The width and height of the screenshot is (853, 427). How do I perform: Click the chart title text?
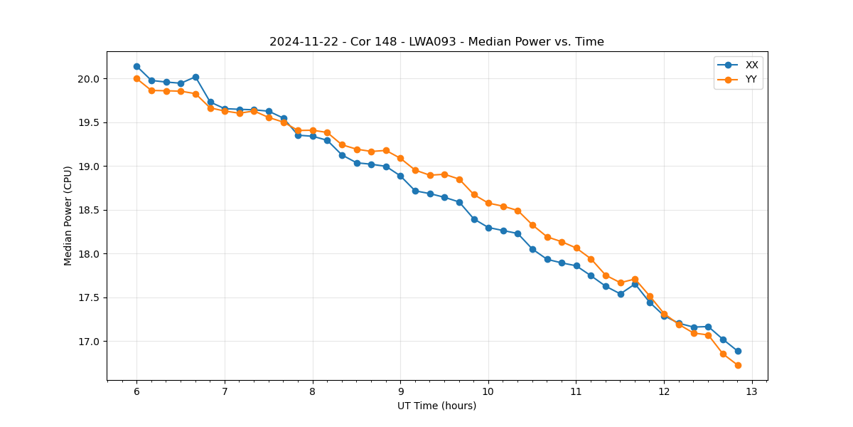(x=436, y=42)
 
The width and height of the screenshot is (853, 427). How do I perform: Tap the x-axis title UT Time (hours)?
(x=436, y=406)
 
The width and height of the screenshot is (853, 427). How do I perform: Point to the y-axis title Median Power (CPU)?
(x=68, y=216)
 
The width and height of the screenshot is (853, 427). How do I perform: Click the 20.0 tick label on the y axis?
(x=88, y=79)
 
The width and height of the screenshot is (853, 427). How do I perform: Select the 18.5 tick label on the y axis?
(x=88, y=211)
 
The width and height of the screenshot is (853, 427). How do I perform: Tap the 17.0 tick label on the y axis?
(x=88, y=342)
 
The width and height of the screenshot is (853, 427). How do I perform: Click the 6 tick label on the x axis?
(x=136, y=391)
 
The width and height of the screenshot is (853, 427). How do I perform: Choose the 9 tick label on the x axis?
(x=400, y=391)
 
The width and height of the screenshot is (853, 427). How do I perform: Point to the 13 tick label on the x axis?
(x=752, y=391)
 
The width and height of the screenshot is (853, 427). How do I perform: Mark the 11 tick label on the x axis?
(x=576, y=391)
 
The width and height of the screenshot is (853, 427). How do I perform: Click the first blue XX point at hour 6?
(x=136, y=66)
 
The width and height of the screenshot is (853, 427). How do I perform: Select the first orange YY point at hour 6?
(x=136, y=78)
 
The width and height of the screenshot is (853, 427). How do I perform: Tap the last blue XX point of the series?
(x=738, y=351)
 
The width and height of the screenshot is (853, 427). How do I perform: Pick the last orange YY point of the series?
(x=738, y=365)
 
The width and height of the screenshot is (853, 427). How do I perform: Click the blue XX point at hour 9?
(x=400, y=176)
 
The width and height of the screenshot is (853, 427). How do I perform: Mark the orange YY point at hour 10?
(x=488, y=203)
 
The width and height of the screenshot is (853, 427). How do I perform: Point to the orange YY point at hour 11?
(x=576, y=248)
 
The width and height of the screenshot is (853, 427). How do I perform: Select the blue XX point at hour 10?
(x=488, y=228)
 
